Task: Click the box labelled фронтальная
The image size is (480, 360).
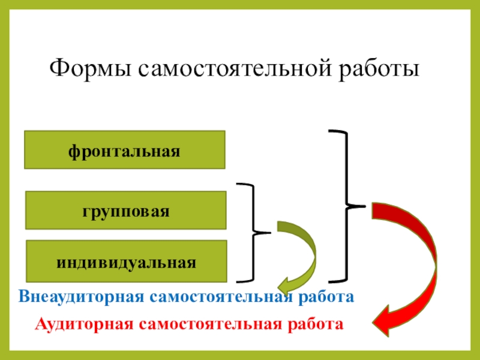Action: point(125,149)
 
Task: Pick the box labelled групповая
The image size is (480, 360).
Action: point(125,211)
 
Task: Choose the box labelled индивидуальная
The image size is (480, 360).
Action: point(125,262)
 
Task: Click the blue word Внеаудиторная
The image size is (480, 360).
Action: point(80,296)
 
